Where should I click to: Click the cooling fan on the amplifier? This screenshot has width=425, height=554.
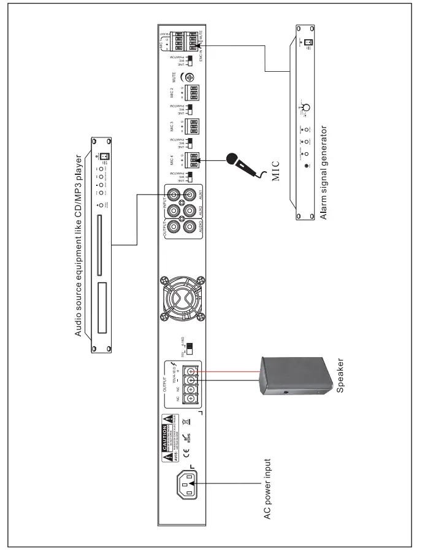183,299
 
